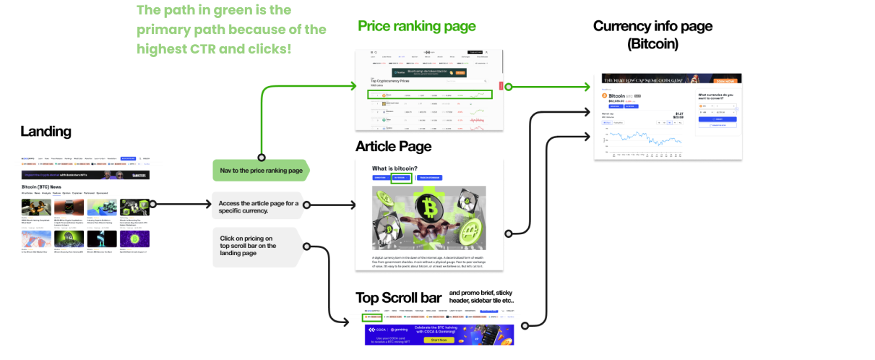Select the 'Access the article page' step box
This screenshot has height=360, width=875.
coord(259,206)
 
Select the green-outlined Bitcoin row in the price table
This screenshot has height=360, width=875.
coord(430,95)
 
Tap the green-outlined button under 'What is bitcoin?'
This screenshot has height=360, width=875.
coord(401,178)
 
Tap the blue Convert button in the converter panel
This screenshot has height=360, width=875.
coord(716,119)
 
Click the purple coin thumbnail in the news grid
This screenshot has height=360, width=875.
coord(134,238)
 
